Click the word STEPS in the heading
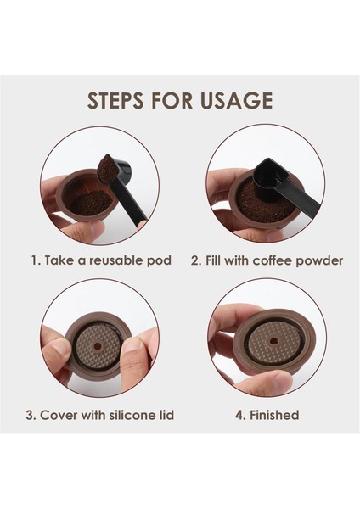tap(115, 100)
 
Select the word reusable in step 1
tap(116, 260)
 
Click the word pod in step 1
tap(159, 261)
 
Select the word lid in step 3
tap(167, 415)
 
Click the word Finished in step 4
tap(274, 415)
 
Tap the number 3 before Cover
tap(30, 415)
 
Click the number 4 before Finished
tap(239, 415)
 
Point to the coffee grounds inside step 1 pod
tap(92, 204)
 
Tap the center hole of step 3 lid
tap(98, 347)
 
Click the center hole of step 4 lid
tap(274, 342)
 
